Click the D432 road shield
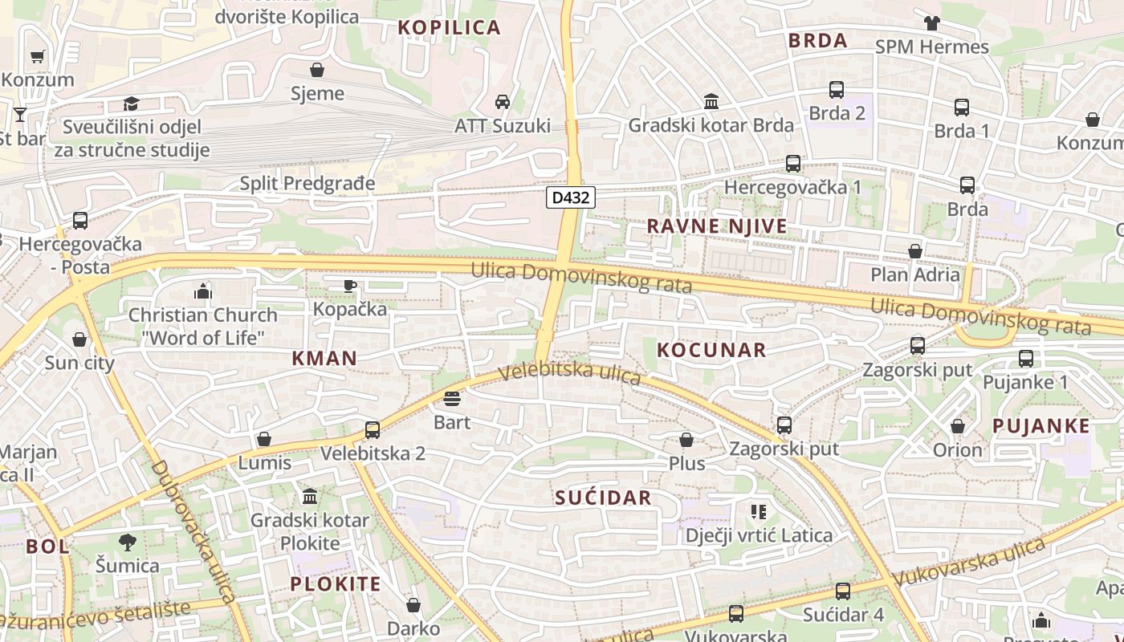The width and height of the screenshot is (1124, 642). coord(571,197)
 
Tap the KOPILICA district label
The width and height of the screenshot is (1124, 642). coord(450,27)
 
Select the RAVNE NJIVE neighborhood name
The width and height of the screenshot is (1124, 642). coord(717,226)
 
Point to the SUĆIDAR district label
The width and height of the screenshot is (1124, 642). coord(603,498)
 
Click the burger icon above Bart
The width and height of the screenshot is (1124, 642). coord(451,399)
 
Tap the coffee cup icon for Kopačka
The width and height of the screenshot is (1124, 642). coord(350,286)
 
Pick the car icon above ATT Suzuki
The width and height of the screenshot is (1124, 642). coord(503,102)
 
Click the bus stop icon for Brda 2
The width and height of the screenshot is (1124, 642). coord(837,90)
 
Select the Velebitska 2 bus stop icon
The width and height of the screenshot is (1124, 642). coord(373,430)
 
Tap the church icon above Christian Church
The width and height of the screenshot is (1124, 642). coord(203,291)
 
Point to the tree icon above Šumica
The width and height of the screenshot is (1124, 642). coord(127,542)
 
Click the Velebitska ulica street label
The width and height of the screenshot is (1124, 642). coord(569,373)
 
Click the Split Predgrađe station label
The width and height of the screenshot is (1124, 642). coord(307,183)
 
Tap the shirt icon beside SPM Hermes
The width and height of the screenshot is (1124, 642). coord(931,23)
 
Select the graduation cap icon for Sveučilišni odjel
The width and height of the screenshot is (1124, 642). coord(131,104)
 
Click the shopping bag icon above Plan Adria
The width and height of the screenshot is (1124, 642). coord(914,251)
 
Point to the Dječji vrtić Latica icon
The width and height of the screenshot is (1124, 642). coord(758,511)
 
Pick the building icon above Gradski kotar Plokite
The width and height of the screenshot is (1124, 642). coord(310,497)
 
